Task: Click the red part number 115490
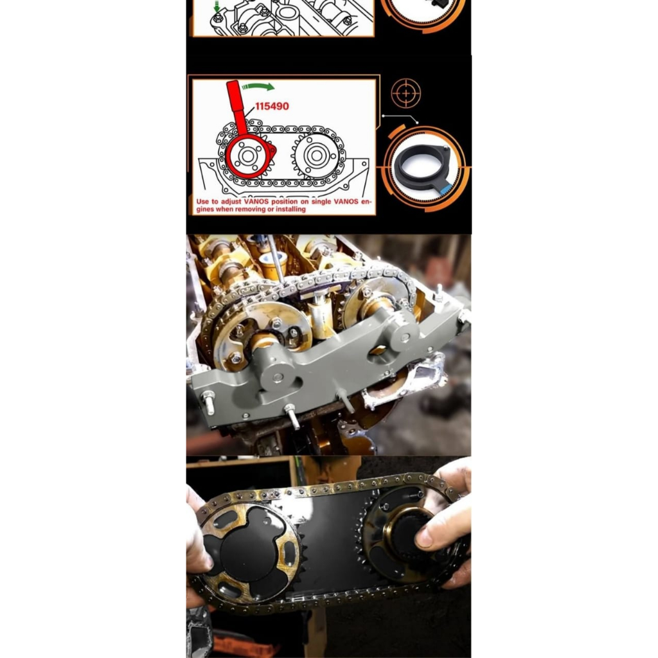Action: [x=272, y=106]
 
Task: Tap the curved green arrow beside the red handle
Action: [x=258, y=87]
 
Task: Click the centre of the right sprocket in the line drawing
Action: [x=316, y=156]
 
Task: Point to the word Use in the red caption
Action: [x=202, y=201]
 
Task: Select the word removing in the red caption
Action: [x=250, y=209]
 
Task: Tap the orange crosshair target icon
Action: [x=406, y=93]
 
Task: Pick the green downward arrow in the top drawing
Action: [x=217, y=6]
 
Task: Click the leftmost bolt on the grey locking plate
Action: [x=208, y=401]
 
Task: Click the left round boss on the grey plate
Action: [x=278, y=377]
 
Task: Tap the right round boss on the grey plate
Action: [x=403, y=336]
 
